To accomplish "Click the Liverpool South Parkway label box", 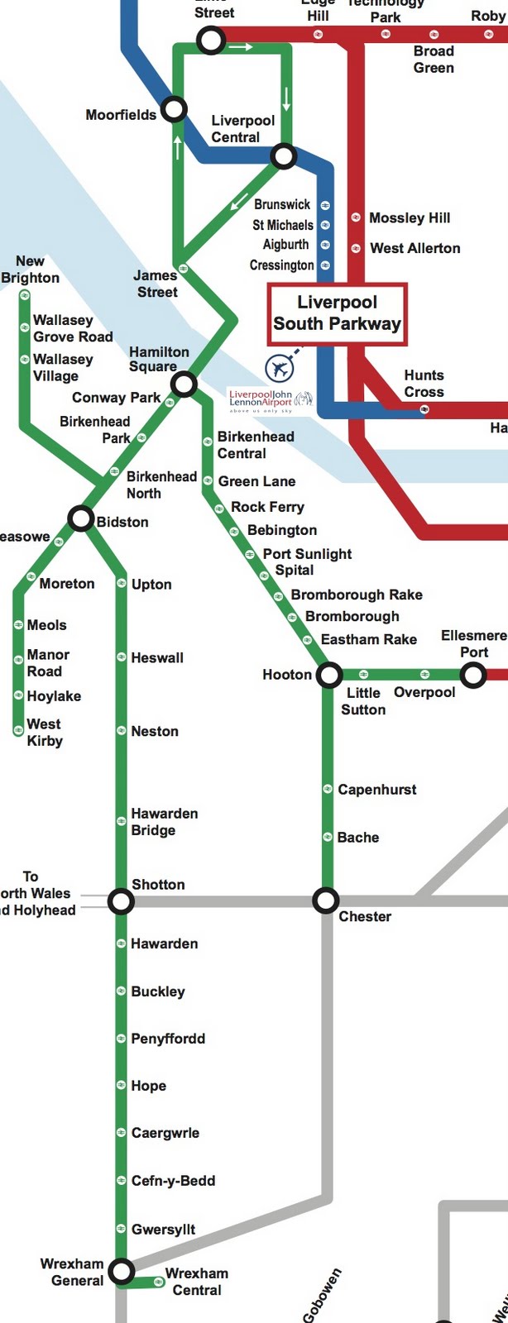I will pyautogui.click(x=337, y=313).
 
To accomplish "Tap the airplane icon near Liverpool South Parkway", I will pyautogui.click(x=280, y=367).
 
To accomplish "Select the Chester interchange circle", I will pyautogui.click(x=326, y=900).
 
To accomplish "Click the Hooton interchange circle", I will pyautogui.click(x=329, y=675).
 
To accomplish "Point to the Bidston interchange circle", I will pyautogui.click(x=80, y=519).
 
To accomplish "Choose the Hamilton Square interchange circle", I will pyautogui.click(x=184, y=384).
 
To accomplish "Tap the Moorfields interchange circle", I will pyautogui.click(x=174, y=109).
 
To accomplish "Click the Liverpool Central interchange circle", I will pyautogui.click(x=284, y=155).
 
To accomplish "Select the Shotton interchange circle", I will pyautogui.click(x=121, y=901).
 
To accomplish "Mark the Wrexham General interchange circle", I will pyautogui.click(x=121, y=1270).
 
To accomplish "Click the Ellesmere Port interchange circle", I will pyautogui.click(x=472, y=676).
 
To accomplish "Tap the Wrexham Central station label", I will pyautogui.click(x=197, y=1282).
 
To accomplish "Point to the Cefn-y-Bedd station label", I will pyautogui.click(x=173, y=1181).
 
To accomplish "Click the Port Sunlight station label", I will pyautogui.click(x=307, y=554).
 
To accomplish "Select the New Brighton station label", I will pyautogui.click(x=31, y=270).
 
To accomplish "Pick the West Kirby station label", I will pyautogui.click(x=45, y=733).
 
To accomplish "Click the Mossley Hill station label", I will pyautogui.click(x=410, y=218).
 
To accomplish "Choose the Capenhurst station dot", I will pyautogui.click(x=328, y=790).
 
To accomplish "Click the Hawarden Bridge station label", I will pyautogui.click(x=165, y=822).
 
